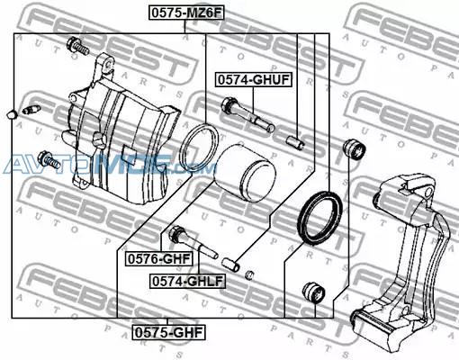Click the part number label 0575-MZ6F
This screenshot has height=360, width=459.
[x=186, y=13]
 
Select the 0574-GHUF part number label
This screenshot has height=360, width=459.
[x=254, y=80]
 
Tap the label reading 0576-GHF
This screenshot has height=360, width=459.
[x=159, y=259]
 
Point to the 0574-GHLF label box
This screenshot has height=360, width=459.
[x=187, y=282]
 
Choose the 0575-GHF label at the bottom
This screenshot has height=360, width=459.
[x=168, y=333]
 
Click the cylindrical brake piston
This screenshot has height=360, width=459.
[x=246, y=174]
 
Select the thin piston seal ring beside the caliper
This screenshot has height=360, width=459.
[x=199, y=148]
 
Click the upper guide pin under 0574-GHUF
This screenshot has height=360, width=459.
[x=247, y=114]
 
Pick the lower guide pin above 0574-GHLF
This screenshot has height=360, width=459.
[x=193, y=243]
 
